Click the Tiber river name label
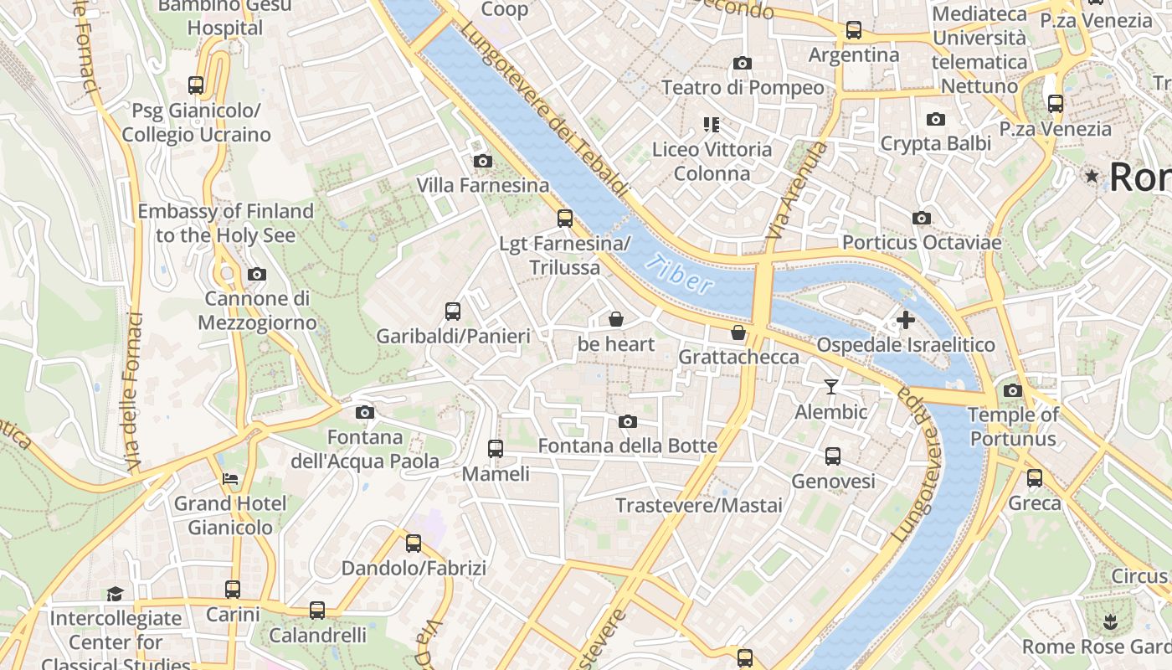click(680, 273)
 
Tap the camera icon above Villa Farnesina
click(482, 161)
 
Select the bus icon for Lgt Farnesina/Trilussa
click(565, 219)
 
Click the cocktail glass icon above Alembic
click(830, 386)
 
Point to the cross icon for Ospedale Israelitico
click(905, 320)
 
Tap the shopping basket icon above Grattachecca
click(738, 332)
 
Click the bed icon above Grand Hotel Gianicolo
click(230, 479)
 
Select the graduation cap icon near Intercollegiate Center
click(115, 594)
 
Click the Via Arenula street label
click(795, 191)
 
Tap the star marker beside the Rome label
click(1092, 176)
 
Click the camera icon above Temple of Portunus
click(1012, 390)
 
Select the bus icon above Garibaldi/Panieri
click(453, 312)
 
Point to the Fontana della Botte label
click(627, 446)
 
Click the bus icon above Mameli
click(496, 449)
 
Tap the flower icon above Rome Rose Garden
click(1110, 621)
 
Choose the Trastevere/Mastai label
click(699, 505)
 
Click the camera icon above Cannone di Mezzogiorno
click(257, 274)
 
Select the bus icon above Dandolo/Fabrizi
click(414, 544)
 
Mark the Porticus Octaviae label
click(921, 242)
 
